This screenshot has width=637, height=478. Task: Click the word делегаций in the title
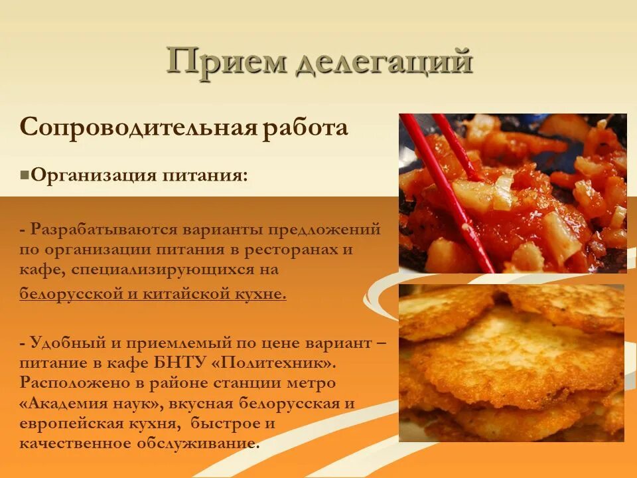[x=382, y=63]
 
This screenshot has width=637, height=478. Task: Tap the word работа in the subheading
[x=305, y=127]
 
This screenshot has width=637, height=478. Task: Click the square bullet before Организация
[x=25, y=176]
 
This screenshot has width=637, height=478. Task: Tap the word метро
[x=310, y=384]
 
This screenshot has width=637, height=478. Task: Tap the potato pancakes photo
[x=511, y=363]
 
